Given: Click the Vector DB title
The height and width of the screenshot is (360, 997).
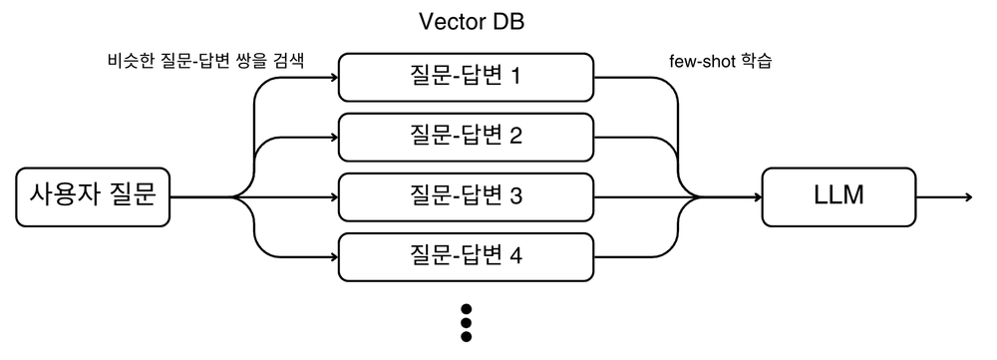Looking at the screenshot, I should click(x=467, y=22).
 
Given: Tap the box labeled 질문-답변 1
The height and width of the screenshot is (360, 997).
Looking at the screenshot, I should click(x=467, y=76).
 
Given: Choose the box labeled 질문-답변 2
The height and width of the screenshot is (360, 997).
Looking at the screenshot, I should click(x=467, y=137).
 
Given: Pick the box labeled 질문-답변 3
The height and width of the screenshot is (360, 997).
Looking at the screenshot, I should click(x=467, y=196).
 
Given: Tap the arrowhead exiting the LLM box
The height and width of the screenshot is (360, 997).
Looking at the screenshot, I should click(x=967, y=196).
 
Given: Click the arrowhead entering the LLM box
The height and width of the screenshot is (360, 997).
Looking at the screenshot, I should click(x=756, y=196).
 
